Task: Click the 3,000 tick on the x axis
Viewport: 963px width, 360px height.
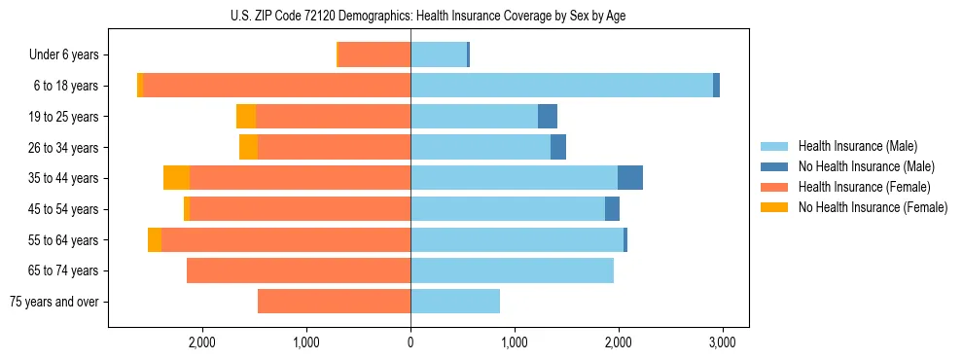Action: tap(721, 342)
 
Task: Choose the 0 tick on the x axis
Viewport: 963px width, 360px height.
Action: tap(410, 342)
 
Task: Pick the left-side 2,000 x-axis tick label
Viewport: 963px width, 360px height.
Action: tap(202, 342)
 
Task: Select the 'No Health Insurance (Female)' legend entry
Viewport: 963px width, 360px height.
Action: tap(873, 207)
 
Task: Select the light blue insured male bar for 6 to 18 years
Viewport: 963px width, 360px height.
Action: tap(561, 86)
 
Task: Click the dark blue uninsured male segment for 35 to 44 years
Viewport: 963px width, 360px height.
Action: tap(630, 178)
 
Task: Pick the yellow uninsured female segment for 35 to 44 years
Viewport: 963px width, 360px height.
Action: tap(176, 178)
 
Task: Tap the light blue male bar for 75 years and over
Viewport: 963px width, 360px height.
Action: tap(455, 302)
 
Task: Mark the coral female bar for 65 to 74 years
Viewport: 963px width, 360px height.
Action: tap(299, 270)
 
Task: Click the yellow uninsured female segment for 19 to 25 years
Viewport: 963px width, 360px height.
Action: tap(246, 117)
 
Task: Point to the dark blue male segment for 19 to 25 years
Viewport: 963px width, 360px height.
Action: tap(548, 117)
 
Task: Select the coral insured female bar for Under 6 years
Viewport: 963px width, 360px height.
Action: tap(374, 55)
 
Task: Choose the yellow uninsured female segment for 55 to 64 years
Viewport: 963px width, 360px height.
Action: tap(155, 240)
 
